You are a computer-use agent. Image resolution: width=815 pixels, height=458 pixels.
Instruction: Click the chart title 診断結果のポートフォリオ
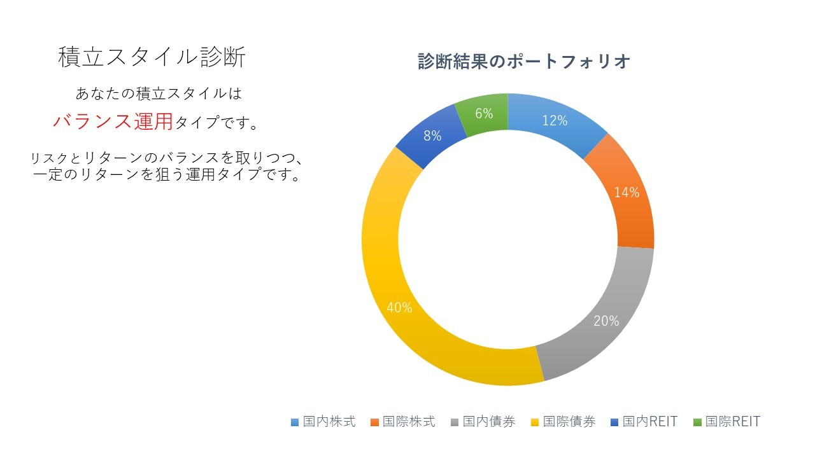click(524, 62)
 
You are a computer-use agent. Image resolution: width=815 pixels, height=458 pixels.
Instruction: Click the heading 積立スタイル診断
click(152, 57)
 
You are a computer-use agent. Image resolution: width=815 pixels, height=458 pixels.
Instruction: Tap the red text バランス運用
click(113, 121)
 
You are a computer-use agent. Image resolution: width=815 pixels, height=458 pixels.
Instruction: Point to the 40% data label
click(399, 308)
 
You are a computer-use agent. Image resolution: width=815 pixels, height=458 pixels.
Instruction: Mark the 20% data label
click(606, 321)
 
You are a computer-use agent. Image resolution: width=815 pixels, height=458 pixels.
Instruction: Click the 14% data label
click(627, 192)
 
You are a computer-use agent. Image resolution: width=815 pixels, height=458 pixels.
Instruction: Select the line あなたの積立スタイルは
click(159, 94)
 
